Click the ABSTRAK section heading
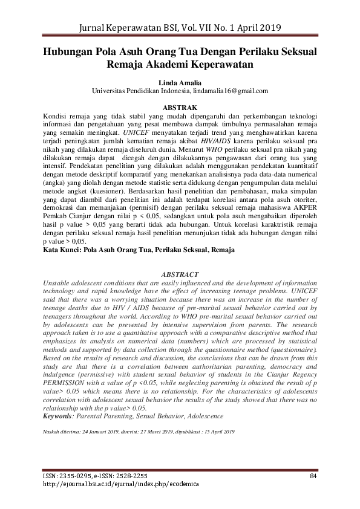tap(180, 108)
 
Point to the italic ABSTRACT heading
tap(180, 274)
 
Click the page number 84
tap(313, 476)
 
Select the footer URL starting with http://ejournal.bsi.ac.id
tap(121, 485)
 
